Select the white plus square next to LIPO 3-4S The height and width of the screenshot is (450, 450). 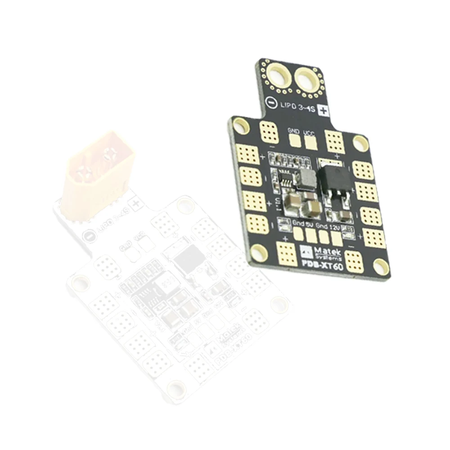pos(323,111)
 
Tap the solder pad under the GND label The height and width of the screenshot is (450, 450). pos(294,141)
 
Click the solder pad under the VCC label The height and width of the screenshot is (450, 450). pos(310,143)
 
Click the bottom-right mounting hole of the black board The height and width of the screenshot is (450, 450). pos(380,267)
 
